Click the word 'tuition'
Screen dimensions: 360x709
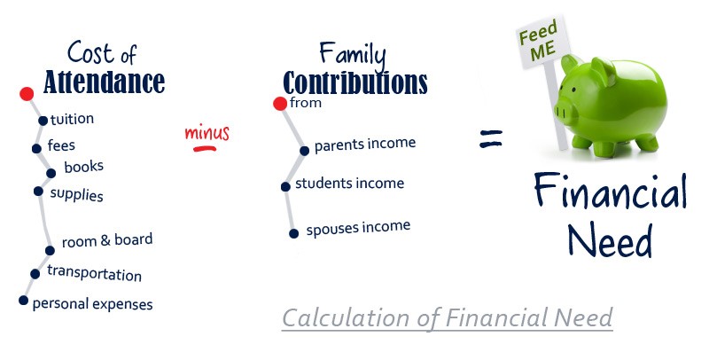[x=72, y=119]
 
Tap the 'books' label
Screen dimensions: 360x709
[x=83, y=166]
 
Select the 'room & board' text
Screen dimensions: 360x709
[x=107, y=240]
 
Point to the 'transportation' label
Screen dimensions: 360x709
[x=94, y=274]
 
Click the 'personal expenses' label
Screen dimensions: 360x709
[x=92, y=304]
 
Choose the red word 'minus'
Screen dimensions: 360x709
[x=206, y=134]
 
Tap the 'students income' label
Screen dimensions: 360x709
[x=349, y=184]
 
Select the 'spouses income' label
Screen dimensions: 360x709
[x=358, y=229]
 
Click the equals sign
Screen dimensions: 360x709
[x=491, y=137]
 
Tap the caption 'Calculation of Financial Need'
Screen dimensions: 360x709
[x=447, y=317]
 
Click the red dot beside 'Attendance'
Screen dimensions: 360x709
[x=27, y=93]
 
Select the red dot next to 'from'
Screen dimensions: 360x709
[x=280, y=104]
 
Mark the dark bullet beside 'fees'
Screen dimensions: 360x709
[x=36, y=148]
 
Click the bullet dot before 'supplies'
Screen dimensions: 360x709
[x=38, y=191]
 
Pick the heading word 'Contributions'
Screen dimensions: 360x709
[x=354, y=82]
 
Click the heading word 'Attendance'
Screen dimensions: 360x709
[x=105, y=82]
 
